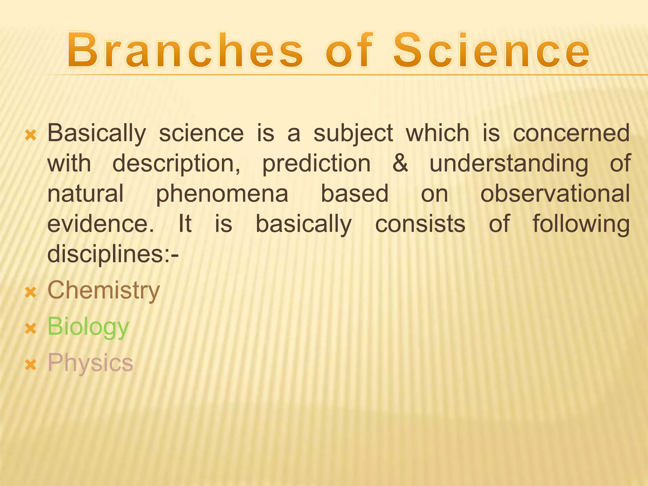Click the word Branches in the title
pyautogui.click(x=185, y=51)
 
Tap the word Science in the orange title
pyautogui.click(x=491, y=51)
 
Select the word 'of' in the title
pyautogui.click(x=349, y=51)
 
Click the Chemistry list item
pyautogui.click(x=103, y=290)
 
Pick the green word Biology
pyautogui.click(x=88, y=327)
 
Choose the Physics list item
pyautogui.click(x=90, y=363)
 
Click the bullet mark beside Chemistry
pyautogui.click(x=31, y=292)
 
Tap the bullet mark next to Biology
pyautogui.click(x=31, y=329)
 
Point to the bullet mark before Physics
pyautogui.click(x=31, y=365)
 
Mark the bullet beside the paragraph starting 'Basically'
pyautogui.click(x=31, y=135)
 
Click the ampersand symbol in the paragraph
pyautogui.click(x=400, y=164)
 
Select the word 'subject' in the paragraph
pyautogui.click(x=353, y=134)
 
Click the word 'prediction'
pyautogui.click(x=316, y=164)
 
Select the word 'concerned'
pyautogui.click(x=571, y=134)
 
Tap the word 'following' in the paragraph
pyautogui.click(x=581, y=224)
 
